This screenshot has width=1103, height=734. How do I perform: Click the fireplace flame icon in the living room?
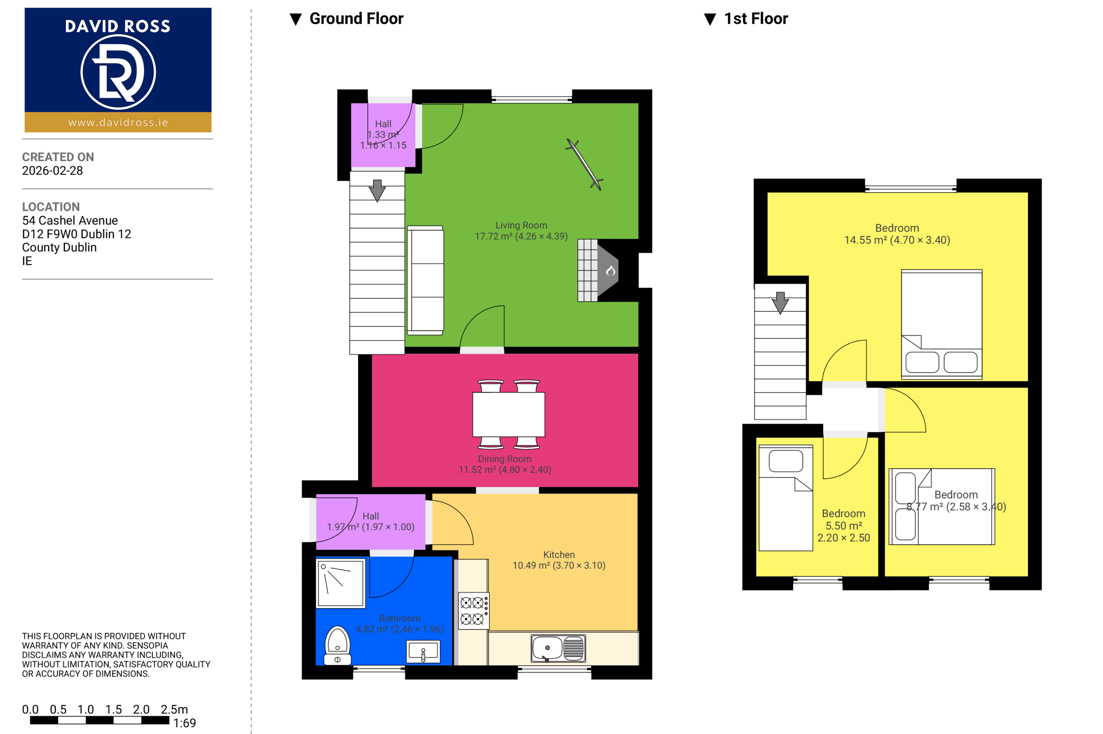point(610,271)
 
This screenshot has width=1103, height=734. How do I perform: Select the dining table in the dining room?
point(509,414)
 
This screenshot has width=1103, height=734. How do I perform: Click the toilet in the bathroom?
point(337,645)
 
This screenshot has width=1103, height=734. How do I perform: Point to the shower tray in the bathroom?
point(341,583)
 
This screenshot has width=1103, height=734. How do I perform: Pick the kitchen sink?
point(558,648)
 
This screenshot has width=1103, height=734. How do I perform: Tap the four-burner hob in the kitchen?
point(474,611)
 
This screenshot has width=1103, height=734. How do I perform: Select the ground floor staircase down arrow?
point(377,191)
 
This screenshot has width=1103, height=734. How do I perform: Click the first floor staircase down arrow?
point(780,303)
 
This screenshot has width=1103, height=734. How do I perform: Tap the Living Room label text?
point(521,225)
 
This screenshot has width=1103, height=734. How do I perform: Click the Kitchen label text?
point(559,554)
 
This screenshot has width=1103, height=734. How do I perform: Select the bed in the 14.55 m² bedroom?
point(941,324)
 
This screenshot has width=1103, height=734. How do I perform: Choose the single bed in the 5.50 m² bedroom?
point(786,498)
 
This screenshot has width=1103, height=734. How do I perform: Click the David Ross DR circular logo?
point(118,72)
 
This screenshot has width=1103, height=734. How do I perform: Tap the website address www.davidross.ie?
point(118,123)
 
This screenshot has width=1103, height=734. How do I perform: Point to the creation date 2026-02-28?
point(53,170)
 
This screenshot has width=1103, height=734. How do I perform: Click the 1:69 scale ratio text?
point(184,723)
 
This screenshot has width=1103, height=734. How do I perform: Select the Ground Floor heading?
point(356,19)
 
